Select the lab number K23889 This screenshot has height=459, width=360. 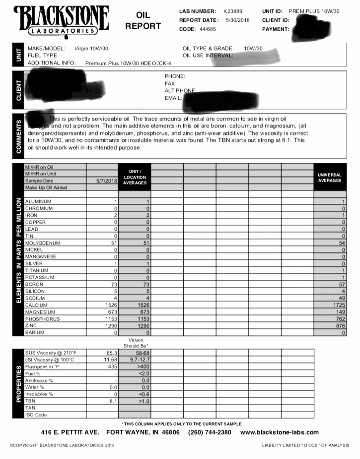coord(233,11)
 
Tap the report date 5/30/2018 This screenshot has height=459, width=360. coord(237,20)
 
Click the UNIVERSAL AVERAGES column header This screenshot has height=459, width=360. coord(329,178)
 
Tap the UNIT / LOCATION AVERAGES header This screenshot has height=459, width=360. coord(135,177)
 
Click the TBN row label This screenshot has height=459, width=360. coord(30,401)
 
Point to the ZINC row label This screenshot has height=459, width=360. coord(32,326)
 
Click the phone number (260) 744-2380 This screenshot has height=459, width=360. coord(210,432)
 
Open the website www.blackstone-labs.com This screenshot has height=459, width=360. coord(280,432)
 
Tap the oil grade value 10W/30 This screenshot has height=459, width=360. coord(253,49)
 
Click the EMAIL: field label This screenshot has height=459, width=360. coord(173,98)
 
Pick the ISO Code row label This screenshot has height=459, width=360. coord(36,415)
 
